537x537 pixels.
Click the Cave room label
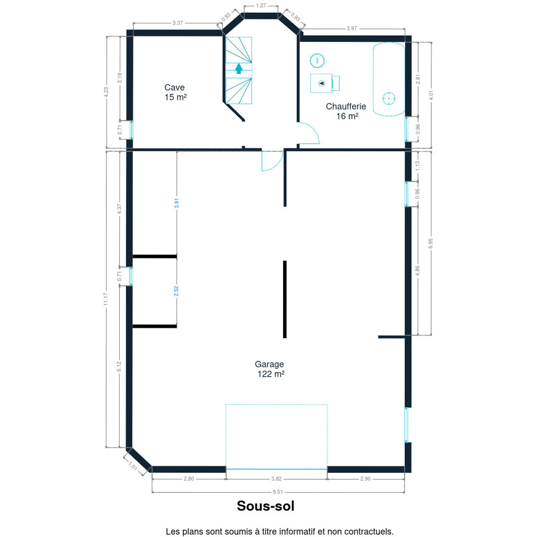pyautogui.click(x=175, y=92)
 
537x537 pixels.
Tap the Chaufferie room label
pyautogui.click(x=346, y=111)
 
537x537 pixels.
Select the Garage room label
pyautogui.click(x=270, y=369)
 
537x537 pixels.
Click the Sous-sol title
pyautogui.click(x=266, y=506)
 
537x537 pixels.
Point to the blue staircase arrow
pyautogui.click(x=239, y=69)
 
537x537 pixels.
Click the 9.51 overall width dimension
pyautogui.click(x=277, y=492)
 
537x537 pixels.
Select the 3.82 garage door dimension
pyautogui.click(x=276, y=479)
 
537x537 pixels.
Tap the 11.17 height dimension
pyautogui.click(x=106, y=299)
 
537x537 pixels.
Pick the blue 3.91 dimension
pyautogui.click(x=176, y=203)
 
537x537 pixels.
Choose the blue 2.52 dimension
pyautogui.click(x=176, y=291)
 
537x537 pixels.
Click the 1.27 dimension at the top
pyautogui.click(x=261, y=6)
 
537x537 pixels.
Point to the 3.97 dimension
pyautogui.click(x=352, y=28)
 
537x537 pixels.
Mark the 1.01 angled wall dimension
pyautogui.click(x=133, y=466)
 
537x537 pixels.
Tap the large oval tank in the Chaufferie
pyautogui.click(x=389, y=79)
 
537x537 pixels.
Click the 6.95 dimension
pyautogui.click(x=431, y=243)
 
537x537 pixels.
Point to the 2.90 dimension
pyautogui.click(x=365, y=479)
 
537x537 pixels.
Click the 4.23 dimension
pyautogui.click(x=106, y=92)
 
